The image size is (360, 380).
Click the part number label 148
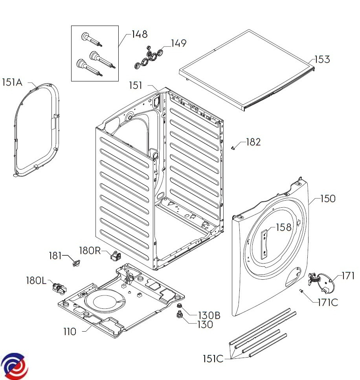point(140,34)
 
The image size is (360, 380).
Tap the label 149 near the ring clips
point(178,43)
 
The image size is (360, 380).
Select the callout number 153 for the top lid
point(322,60)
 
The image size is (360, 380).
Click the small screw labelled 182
point(233,148)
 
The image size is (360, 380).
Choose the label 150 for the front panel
point(328,199)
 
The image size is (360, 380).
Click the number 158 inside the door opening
point(283,227)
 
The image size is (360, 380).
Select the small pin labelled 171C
point(302,291)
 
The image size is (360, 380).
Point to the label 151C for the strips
point(213,359)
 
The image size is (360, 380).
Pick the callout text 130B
point(209,315)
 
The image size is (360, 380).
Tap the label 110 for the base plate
point(70,332)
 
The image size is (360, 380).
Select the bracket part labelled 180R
point(115,256)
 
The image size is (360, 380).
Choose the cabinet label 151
point(136,85)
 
